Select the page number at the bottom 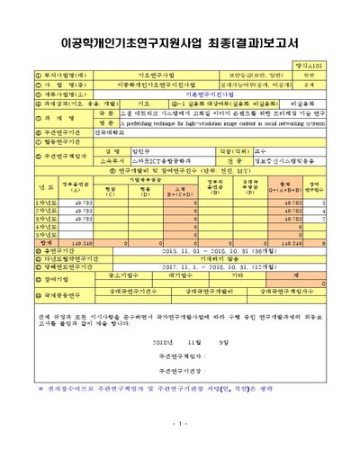coord(179,423)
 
